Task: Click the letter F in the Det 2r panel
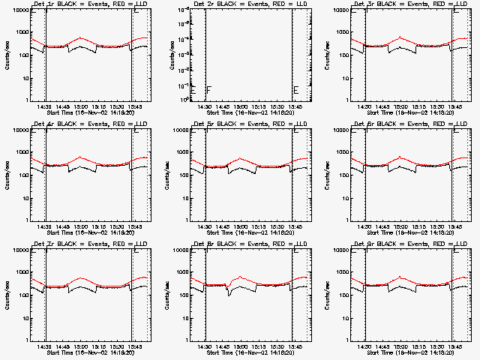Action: click(x=208, y=90)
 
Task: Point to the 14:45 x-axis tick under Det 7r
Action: click(x=62, y=346)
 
